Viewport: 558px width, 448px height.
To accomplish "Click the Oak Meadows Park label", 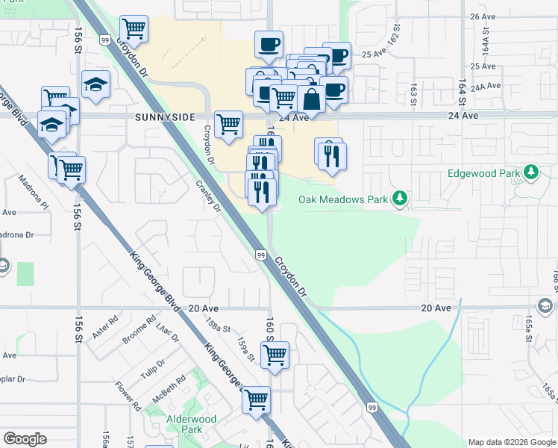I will (343, 199).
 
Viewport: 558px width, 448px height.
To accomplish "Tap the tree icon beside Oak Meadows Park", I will (401, 198).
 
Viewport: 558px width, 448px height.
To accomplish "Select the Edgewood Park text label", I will (483, 173).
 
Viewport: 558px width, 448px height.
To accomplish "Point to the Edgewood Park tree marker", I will (530, 173).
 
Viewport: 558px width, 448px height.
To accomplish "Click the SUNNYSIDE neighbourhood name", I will (165, 117).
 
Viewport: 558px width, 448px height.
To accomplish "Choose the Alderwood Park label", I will (192, 424).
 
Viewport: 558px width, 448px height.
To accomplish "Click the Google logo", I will (25, 439).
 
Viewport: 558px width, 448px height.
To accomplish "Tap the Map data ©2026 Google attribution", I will (512, 442).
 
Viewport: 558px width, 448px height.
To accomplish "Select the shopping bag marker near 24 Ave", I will (310, 99).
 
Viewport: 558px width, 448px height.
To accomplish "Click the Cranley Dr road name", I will (208, 196).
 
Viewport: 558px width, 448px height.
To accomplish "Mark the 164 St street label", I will (463, 92).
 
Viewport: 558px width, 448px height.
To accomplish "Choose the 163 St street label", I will (413, 95).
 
